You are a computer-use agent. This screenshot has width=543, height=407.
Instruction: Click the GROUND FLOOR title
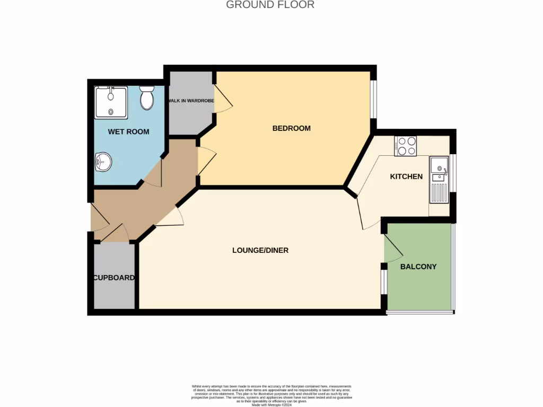[270, 5]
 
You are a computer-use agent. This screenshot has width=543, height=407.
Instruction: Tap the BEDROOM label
[291, 128]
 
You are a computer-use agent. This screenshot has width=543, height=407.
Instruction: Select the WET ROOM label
[128, 131]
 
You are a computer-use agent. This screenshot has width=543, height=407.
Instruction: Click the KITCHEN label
[406, 176]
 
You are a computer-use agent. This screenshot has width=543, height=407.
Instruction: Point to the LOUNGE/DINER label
[260, 250]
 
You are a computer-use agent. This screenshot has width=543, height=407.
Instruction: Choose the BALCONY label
[418, 267]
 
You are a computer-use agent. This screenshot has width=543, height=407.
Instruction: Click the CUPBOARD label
[114, 278]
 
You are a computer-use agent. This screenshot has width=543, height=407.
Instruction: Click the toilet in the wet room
[147, 98]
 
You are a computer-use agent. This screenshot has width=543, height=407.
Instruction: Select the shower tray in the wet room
[111, 102]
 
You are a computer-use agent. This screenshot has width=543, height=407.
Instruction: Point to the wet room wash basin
[103, 162]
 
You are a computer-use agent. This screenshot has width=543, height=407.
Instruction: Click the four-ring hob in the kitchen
[406, 146]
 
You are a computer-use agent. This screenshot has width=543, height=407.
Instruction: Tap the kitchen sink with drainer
[439, 180]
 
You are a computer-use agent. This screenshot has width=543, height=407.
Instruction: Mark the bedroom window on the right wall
[374, 98]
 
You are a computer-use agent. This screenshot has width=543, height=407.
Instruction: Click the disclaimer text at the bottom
[271, 395]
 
